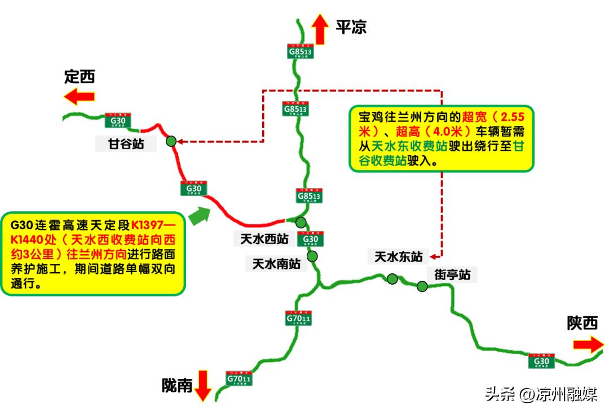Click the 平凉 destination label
(x=351, y=27)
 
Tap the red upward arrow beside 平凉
(x=321, y=29)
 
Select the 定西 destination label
(x=80, y=76)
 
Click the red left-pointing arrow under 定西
(x=79, y=97)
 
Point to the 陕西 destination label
(x=582, y=323)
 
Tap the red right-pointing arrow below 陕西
(x=588, y=345)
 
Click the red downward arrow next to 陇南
(x=203, y=386)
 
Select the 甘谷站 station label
(x=127, y=144)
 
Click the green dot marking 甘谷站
(x=171, y=141)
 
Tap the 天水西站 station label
(x=261, y=239)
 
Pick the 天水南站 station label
(x=276, y=263)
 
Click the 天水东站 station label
(x=399, y=257)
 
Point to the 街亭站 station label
(x=452, y=275)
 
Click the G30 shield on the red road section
(x=194, y=188)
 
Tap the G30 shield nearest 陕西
(x=541, y=360)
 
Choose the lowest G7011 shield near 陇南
(x=239, y=378)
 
